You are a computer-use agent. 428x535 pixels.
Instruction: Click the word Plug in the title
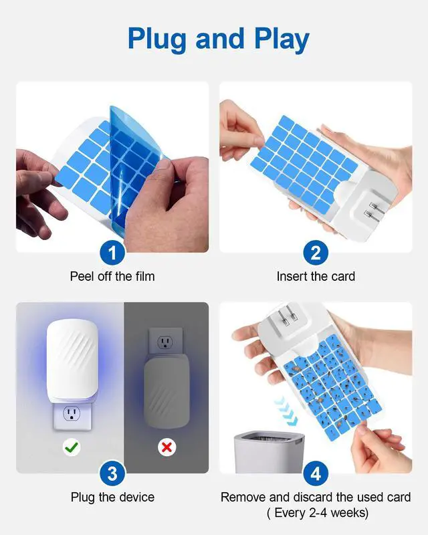click(x=156, y=39)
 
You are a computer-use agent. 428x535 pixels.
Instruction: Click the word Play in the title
click(x=282, y=39)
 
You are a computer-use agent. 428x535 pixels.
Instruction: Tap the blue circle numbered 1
click(x=112, y=253)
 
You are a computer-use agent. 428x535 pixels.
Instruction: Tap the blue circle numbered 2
click(x=316, y=253)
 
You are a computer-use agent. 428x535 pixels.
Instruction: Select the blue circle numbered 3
click(x=112, y=473)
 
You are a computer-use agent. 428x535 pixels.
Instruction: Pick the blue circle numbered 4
click(x=316, y=473)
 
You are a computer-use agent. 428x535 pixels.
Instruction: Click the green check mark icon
click(x=72, y=447)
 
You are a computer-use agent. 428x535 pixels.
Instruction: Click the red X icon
click(x=167, y=447)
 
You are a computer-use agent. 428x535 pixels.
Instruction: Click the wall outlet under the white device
click(x=72, y=415)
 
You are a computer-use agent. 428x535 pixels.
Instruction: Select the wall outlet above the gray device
click(x=166, y=341)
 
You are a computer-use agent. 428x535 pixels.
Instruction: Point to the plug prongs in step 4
click(x=288, y=314)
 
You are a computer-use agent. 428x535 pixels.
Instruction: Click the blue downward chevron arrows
click(x=287, y=411)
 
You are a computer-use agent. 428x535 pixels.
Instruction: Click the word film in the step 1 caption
click(x=145, y=276)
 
